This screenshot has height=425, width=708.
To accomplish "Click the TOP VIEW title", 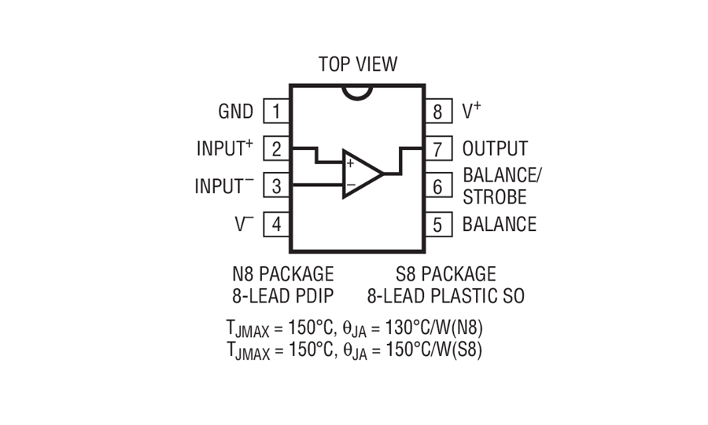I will click(358, 64).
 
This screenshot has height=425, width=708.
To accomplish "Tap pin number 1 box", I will click(276, 112).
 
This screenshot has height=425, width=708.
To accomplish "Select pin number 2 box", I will click(276, 148).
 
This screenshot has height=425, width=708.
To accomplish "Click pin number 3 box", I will click(276, 186).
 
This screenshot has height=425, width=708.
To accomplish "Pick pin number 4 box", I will click(276, 224).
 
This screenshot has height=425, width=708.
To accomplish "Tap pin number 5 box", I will click(438, 224).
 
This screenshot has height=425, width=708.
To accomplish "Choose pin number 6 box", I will click(438, 186).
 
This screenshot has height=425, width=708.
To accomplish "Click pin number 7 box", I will click(438, 148).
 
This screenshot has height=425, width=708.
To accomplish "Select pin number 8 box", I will click(438, 112).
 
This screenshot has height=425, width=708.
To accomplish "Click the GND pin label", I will click(236, 112).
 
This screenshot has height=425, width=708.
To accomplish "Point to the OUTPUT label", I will click(495, 148).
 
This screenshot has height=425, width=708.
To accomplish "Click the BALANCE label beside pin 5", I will click(500, 224).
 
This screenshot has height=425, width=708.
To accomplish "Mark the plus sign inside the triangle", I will click(350, 163).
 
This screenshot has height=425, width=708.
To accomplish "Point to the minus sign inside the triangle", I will click(350, 185).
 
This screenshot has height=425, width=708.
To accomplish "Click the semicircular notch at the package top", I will click(358, 91).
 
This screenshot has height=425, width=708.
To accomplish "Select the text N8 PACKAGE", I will click(282, 274).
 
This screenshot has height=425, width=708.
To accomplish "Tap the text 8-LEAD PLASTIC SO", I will click(446, 296).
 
